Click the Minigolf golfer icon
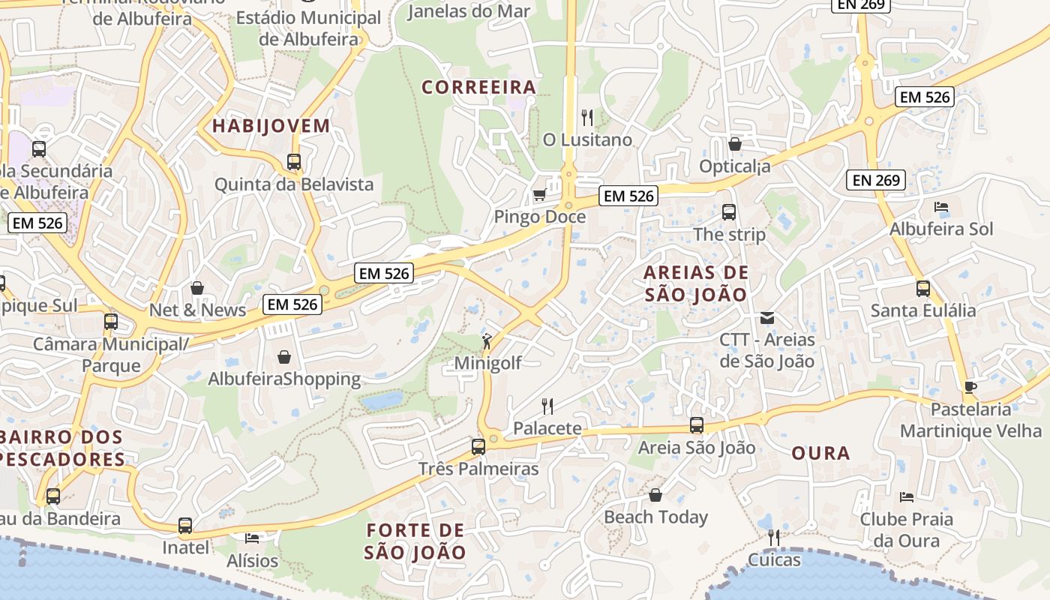[x=487, y=341]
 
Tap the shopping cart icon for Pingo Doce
[x=539, y=196]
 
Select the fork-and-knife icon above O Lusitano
[x=587, y=118]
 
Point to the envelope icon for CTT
[x=767, y=317]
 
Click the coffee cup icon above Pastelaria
[x=970, y=387]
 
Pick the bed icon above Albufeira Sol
[x=941, y=207]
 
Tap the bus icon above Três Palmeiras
[x=478, y=447]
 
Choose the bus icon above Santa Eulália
[x=923, y=289]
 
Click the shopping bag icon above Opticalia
[x=735, y=144]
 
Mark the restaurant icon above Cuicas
[x=774, y=537]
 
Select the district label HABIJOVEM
[x=271, y=126]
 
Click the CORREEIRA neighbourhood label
[x=479, y=88]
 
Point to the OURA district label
[x=821, y=454]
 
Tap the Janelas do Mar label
[x=469, y=11]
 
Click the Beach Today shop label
[x=655, y=517]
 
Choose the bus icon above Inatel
[x=185, y=526]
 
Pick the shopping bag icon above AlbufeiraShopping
[x=284, y=357]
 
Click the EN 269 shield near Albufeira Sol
[x=876, y=180]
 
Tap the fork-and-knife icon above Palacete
[x=547, y=406]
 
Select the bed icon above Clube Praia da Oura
[x=907, y=496]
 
